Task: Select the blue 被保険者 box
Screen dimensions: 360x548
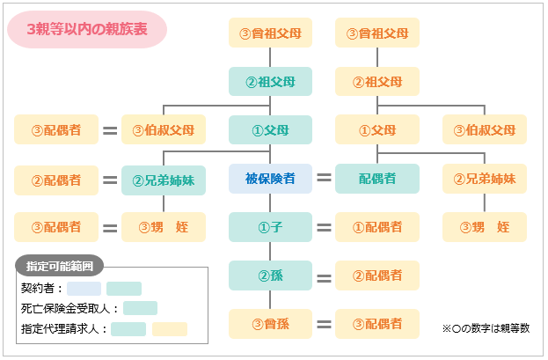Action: [270, 179]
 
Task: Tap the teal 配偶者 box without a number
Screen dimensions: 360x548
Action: [377, 179]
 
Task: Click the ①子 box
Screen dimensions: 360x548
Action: [270, 227]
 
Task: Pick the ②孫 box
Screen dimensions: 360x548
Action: [270, 276]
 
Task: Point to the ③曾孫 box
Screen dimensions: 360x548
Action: [270, 323]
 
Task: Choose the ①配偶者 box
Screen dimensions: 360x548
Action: [377, 227]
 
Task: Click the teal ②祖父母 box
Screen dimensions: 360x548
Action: [270, 82]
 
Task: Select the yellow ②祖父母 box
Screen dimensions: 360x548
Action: [377, 82]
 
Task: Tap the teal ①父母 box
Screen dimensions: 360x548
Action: [270, 130]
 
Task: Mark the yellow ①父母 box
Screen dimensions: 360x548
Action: [377, 130]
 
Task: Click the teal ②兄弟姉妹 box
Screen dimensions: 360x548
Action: [164, 180]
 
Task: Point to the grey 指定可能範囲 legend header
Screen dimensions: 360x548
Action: [60, 264]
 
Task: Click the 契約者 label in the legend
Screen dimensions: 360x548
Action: [41, 288]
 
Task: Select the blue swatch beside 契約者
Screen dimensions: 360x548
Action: [84, 288]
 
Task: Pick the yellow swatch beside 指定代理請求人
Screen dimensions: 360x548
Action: [170, 329]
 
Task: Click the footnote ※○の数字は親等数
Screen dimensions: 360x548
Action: [486, 328]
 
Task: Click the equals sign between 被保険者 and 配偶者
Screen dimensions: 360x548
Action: [324, 179]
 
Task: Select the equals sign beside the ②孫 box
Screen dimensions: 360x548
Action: [324, 276]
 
